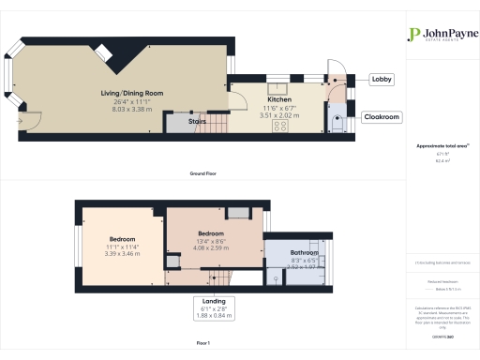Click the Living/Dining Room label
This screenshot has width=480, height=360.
(x=133, y=93)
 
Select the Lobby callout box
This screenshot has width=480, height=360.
(x=382, y=80)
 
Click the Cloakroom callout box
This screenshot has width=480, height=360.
(x=382, y=117)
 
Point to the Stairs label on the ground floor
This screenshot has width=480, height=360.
(x=199, y=121)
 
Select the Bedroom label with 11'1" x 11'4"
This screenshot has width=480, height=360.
(x=121, y=239)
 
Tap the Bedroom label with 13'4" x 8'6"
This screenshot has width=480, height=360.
(x=210, y=232)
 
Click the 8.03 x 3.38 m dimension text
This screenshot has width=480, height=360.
(x=133, y=108)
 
